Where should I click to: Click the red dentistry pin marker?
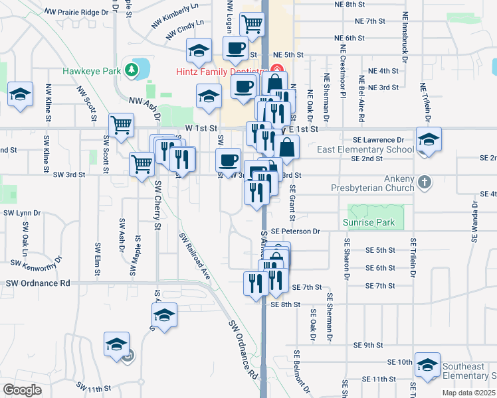pyautogui.click(x=278, y=69)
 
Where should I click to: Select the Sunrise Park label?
pyautogui.click(x=369, y=223)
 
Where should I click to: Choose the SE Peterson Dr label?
pyautogui.click(x=295, y=232)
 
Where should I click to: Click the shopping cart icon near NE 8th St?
pyautogui.click(x=252, y=23)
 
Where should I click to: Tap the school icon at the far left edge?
pyautogui.click(x=20, y=94)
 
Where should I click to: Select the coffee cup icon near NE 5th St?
pyautogui.click(x=235, y=48)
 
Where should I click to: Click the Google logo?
pyautogui.click(x=22, y=390)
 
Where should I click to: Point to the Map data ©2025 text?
pyautogui.click(x=468, y=393)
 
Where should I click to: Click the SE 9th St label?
pyautogui.click(x=369, y=346)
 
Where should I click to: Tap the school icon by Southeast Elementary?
pyautogui.click(x=427, y=364)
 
